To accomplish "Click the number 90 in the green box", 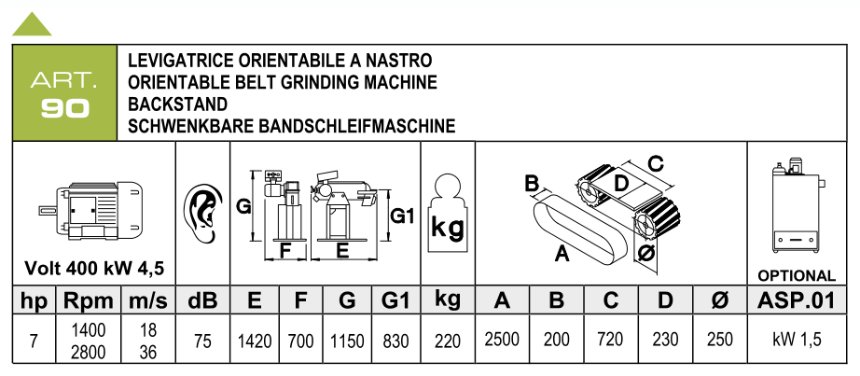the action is (x=64, y=108).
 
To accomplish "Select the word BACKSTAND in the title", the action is (x=177, y=104).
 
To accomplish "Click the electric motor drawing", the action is (x=91, y=210).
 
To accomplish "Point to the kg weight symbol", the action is (x=448, y=213).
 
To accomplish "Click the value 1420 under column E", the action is (x=255, y=341).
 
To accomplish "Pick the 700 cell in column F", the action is (x=300, y=341).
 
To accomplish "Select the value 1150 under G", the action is (x=347, y=341).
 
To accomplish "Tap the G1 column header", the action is (x=395, y=300).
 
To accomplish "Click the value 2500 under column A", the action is (x=502, y=340).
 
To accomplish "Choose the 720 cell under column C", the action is (x=610, y=340).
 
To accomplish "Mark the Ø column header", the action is (x=719, y=300).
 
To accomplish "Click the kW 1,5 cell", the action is (x=797, y=340).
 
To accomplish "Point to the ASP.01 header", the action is (x=797, y=300).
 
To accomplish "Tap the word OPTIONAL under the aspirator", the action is (x=797, y=275).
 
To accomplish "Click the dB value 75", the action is (x=202, y=341).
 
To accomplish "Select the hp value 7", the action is (x=34, y=341).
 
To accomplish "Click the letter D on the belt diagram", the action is (x=620, y=182).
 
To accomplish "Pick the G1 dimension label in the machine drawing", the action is (x=401, y=216).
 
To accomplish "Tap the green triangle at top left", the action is (x=32, y=25).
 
